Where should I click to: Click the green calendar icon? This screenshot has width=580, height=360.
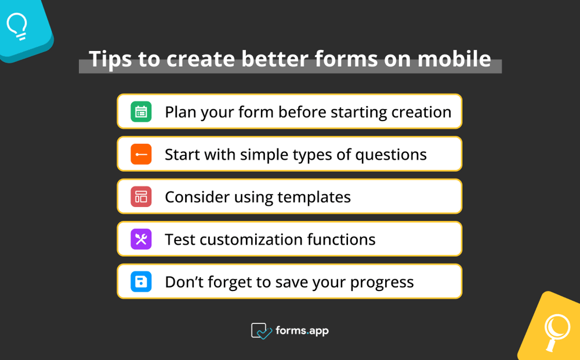tap(141, 112)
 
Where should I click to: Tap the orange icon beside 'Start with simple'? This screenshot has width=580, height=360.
tap(141, 154)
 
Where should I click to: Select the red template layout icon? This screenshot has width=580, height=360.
tap(141, 197)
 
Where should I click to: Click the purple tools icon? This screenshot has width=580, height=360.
tap(141, 239)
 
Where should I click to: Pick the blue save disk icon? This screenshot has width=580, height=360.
tap(141, 282)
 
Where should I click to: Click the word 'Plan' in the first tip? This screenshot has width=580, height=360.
tap(180, 112)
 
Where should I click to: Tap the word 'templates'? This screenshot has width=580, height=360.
tap(314, 197)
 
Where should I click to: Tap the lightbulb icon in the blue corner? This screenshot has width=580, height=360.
tap(17, 27)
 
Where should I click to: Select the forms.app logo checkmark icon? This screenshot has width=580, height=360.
tap(261, 331)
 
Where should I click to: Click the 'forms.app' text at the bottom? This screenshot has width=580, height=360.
tap(302, 330)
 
